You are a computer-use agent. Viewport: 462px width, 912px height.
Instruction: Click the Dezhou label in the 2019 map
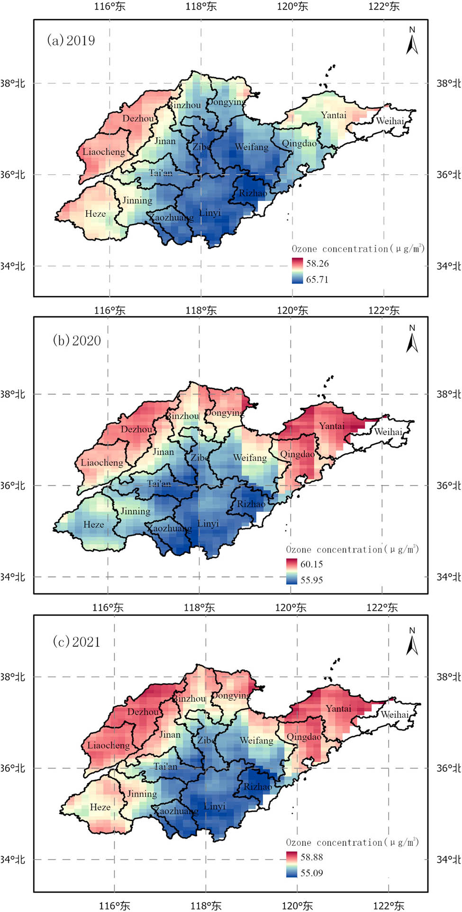coord(138,118)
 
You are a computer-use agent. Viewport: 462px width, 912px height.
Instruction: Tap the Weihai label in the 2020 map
coord(388,431)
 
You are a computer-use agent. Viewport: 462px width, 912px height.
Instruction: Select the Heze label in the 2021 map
coord(100,807)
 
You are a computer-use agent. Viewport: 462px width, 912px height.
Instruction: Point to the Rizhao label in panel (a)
coord(253,193)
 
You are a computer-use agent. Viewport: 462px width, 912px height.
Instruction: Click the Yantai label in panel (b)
coord(332,426)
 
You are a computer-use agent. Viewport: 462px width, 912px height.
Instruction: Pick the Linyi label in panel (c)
coord(214,806)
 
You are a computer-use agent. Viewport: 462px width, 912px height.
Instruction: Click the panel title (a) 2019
coord(71,40)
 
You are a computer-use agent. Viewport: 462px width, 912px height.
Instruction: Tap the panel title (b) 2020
coord(77,340)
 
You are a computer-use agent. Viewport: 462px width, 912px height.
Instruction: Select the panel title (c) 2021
coord(77,642)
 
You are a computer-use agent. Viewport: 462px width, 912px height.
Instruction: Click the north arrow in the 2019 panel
coord(412,42)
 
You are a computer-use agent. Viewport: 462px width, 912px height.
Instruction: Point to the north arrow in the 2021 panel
coord(412,642)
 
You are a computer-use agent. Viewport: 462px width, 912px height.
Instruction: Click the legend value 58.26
coord(317,263)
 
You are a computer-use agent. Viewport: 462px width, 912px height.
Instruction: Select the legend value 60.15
coord(311,564)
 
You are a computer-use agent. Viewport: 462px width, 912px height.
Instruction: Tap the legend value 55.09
coord(311,873)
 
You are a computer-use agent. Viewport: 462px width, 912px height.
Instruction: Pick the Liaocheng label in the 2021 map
coord(108,745)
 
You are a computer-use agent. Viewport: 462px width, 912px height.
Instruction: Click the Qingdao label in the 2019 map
coord(299,143)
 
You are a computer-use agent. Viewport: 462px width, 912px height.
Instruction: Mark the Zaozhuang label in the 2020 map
coord(169,528)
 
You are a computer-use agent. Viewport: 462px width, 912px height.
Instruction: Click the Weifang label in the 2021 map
coord(256,740)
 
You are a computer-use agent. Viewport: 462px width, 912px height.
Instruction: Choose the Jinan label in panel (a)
coord(165,141)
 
